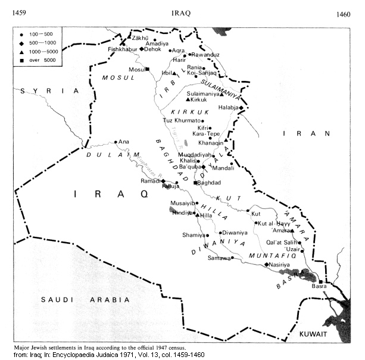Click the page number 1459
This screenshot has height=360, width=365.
(x=19, y=13)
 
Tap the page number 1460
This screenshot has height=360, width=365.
(x=345, y=14)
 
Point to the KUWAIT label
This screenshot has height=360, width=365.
(x=314, y=334)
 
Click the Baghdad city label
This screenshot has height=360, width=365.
(x=208, y=183)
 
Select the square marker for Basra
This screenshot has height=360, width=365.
(x=320, y=281)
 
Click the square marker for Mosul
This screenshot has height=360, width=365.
(x=146, y=70)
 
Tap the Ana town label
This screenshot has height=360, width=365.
(x=124, y=142)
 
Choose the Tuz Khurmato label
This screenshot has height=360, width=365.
(x=182, y=120)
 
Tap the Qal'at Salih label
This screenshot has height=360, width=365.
(x=283, y=242)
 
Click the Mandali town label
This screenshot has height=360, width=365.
(x=222, y=168)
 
